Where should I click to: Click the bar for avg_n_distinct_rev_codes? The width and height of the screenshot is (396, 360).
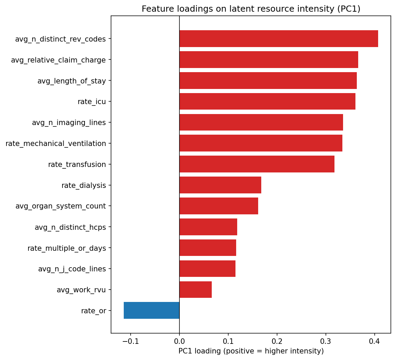pos(278,39)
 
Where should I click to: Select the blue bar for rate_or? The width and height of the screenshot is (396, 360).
pos(152,311)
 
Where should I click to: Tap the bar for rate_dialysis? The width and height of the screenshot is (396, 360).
pos(220,185)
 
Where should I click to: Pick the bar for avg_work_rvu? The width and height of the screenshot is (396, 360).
pos(196,290)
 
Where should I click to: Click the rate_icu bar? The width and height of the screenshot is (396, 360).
pos(267,101)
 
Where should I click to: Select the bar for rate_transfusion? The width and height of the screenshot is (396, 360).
pos(257,164)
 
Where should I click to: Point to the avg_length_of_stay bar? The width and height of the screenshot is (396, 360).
pos(268,80)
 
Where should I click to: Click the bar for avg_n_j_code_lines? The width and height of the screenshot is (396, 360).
pos(207,269)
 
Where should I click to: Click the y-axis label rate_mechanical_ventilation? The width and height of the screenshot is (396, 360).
pos(56,144)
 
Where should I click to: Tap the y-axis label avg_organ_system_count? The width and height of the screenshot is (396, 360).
pos(60,206)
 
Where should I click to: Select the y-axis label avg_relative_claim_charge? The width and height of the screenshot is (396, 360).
pos(58,60)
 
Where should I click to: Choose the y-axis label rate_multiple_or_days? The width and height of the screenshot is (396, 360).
pos(67,248)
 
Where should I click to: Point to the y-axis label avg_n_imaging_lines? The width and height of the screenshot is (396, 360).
pos(69,123)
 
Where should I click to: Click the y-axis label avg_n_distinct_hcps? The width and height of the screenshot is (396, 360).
pos(70,227)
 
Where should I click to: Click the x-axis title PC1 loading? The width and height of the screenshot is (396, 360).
pos(251,351)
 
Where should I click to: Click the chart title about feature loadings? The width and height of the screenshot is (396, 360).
pos(251,9)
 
